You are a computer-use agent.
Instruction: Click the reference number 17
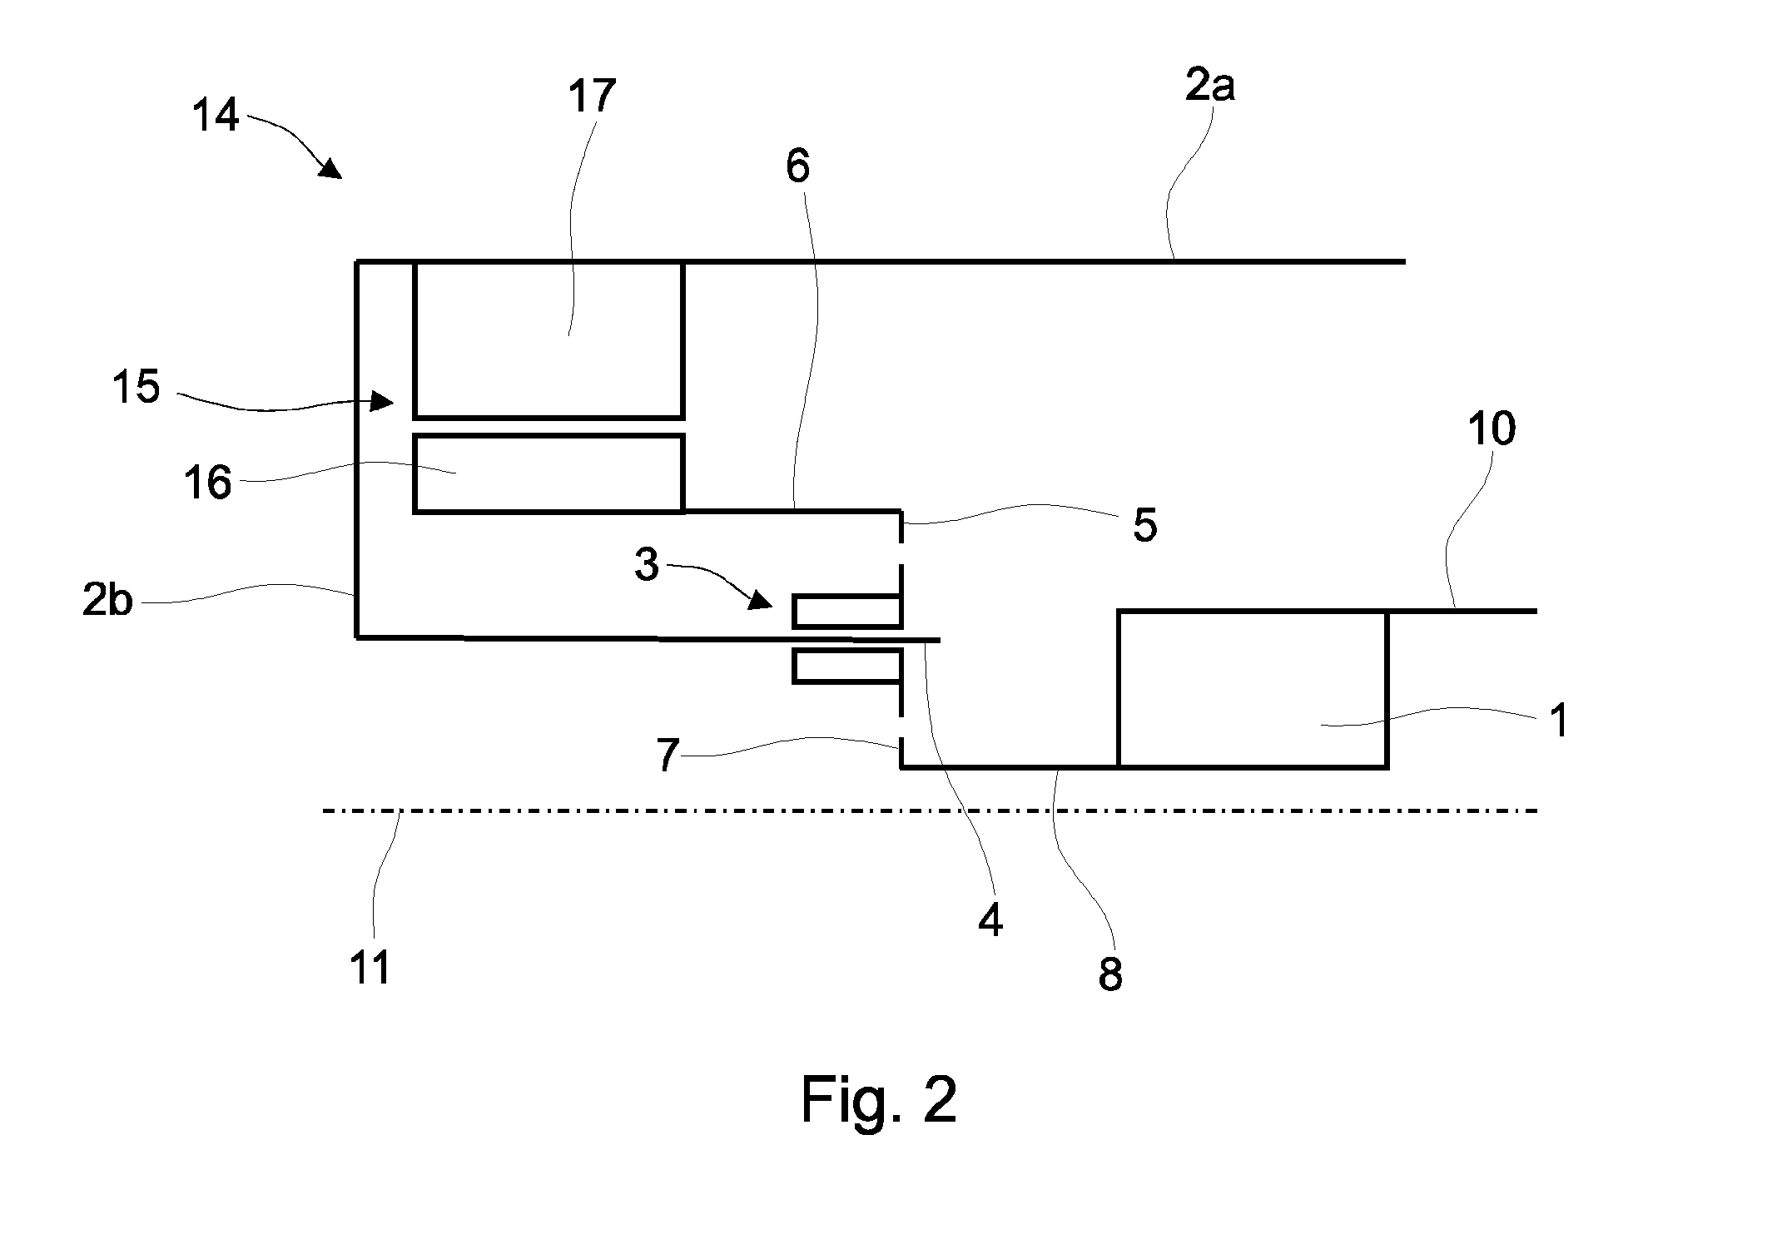click(591, 97)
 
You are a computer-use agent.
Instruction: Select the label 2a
click(1209, 86)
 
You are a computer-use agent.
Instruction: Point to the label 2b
click(107, 599)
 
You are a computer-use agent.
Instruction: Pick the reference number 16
click(207, 483)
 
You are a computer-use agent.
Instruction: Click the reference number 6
click(797, 166)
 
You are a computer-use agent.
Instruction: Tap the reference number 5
click(1144, 525)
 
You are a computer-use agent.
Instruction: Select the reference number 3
click(647, 564)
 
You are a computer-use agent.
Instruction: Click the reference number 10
click(1492, 429)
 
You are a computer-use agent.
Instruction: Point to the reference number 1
click(1559, 721)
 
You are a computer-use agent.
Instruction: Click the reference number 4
click(990, 920)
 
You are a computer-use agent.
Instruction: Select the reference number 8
click(1110, 973)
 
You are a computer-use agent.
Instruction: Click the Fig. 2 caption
click(879, 1100)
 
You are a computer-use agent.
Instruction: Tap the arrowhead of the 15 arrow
click(383, 402)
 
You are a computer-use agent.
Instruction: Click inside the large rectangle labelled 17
click(548, 339)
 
